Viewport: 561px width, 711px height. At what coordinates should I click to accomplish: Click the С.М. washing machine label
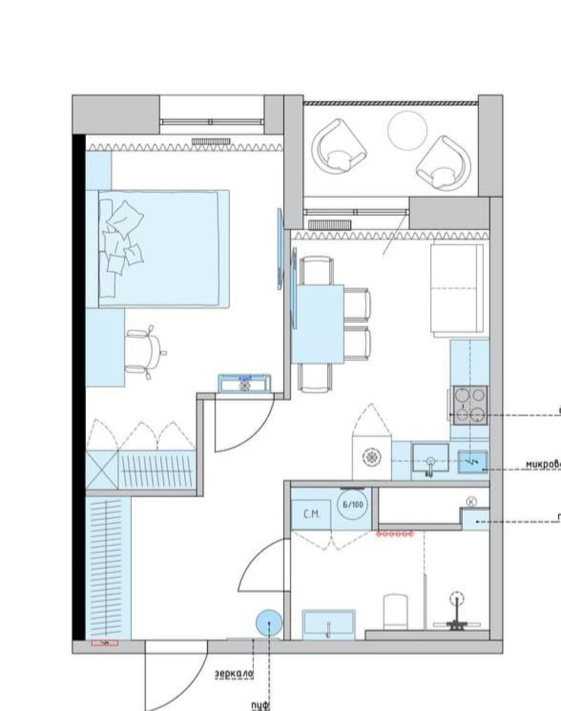tap(311, 514)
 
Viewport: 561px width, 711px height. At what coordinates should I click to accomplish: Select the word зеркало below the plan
tap(234, 673)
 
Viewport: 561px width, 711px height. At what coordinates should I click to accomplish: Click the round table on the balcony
tap(407, 130)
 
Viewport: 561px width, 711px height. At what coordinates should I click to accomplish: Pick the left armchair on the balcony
tap(339, 149)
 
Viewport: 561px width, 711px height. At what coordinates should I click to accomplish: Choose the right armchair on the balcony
tap(443, 163)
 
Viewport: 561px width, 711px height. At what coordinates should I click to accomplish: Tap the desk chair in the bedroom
tap(142, 352)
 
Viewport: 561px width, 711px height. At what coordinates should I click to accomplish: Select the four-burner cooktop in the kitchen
tap(470, 405)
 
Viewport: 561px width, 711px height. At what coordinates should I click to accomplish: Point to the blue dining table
tap(318, 324)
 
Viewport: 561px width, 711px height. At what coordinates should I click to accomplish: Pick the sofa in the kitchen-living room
tap(457, 290)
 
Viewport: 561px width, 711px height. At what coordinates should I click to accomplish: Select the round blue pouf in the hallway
tap(269, 623)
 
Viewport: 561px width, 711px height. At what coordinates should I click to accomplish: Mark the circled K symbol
tap(472, 502)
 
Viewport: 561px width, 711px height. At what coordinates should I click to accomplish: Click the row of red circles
tap(395, 534)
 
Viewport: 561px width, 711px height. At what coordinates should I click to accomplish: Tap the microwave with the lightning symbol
tap(472, 462)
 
